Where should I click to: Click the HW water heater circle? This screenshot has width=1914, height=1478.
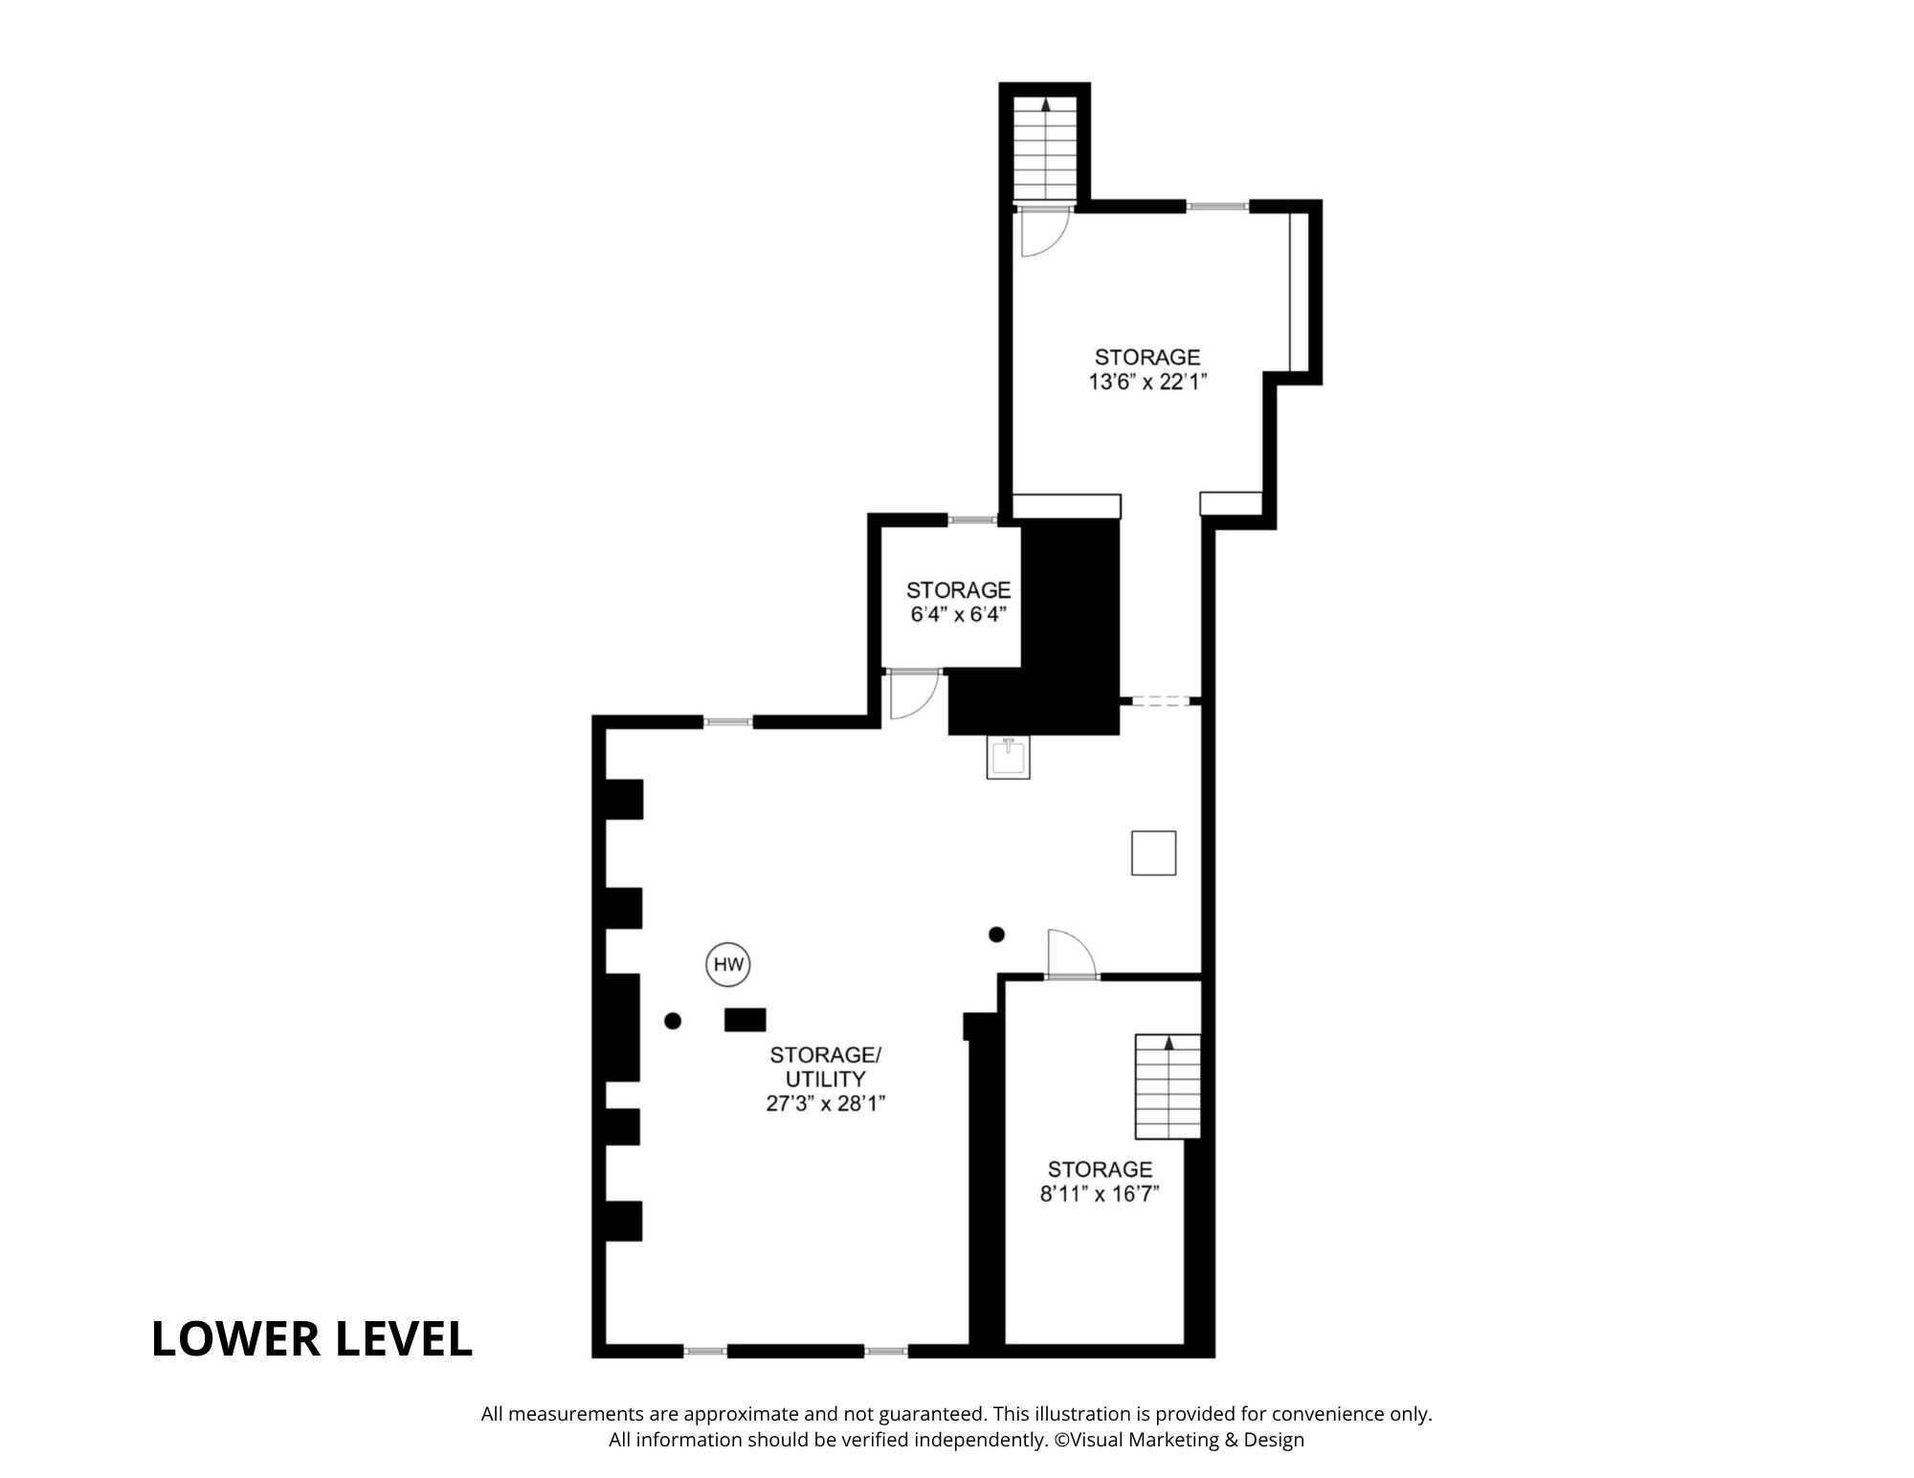tap(728, 965)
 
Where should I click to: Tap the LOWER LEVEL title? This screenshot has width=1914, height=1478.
tap(312, 1338)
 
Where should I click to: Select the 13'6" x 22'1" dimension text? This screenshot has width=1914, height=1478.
tap(1147, 382)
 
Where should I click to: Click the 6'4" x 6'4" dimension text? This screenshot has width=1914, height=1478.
tap(958, 614)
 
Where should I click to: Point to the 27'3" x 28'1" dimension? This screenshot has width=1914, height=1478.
tap(825, 1103)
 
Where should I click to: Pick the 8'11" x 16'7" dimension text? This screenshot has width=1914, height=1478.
tap(1100, 1194)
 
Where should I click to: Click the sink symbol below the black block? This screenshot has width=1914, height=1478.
tap(1009, 758)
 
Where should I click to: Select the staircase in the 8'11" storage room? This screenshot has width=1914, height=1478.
tap(1168, 1087)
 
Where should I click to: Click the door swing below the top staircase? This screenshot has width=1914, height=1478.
tap(1043, 232)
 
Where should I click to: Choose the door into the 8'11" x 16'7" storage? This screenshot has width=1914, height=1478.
tap(1071, 954)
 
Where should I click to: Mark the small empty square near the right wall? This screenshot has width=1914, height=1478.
tap(1153, 852)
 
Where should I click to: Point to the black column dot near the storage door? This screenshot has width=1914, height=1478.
tap(996, 935)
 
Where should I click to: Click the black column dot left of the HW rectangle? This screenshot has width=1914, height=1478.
tap(673, 1021)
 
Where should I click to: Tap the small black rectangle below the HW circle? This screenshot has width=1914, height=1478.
tap(746, 1020)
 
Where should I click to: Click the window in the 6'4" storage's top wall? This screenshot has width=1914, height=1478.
tap(972, 520)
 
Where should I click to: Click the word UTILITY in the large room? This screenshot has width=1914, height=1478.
tap(825, 1079)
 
